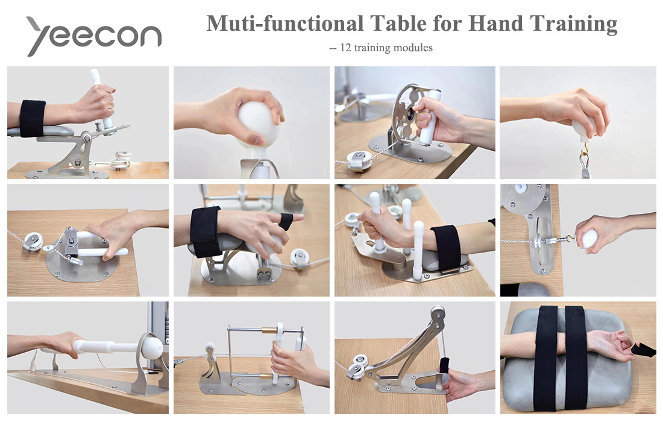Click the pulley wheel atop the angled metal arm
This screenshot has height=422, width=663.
(438, 314)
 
